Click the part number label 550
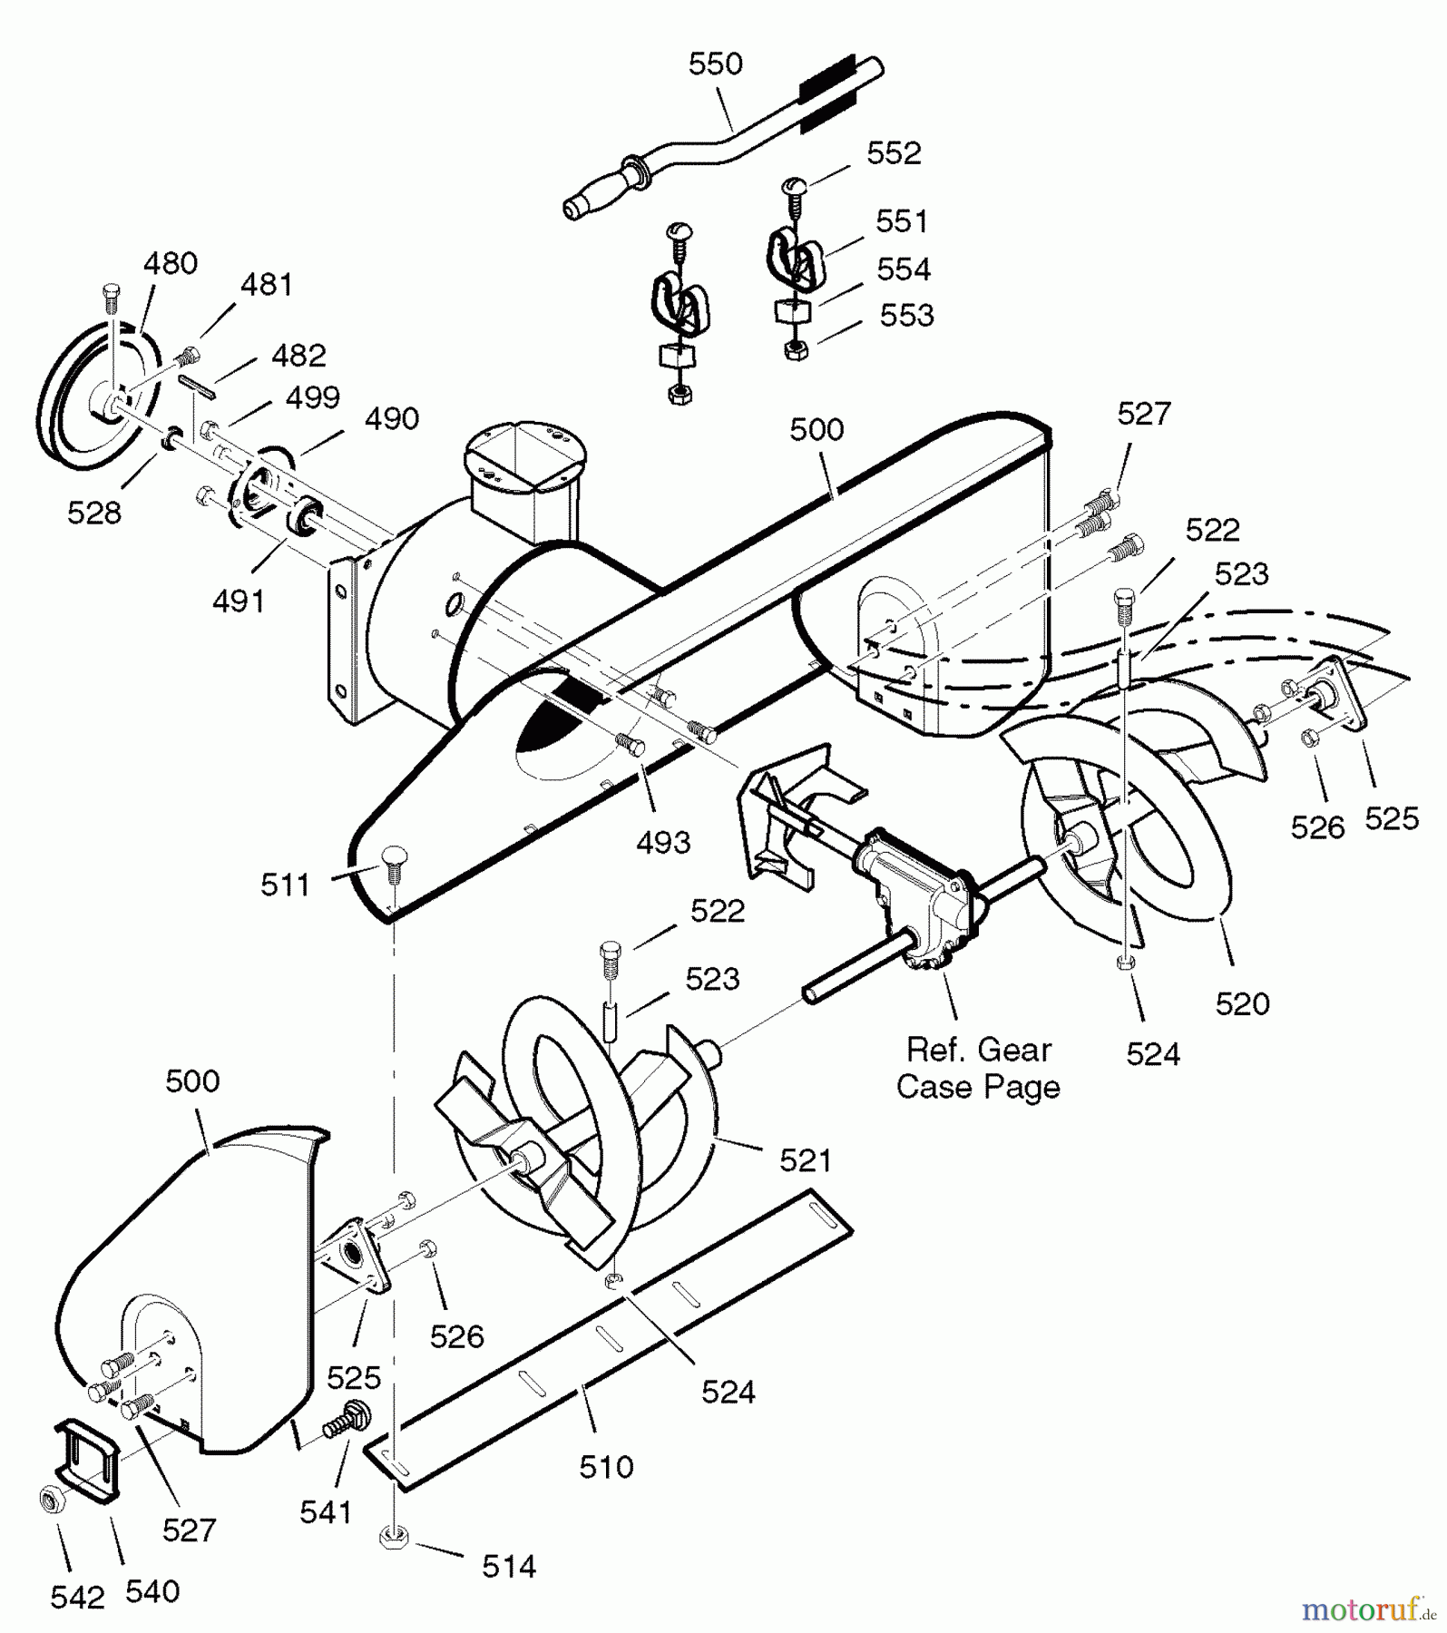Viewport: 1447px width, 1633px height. pos(715,64)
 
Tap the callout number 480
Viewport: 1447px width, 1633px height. pos(170,263)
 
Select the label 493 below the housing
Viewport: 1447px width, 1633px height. pos(663,842)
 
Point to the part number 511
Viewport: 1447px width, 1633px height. pos(285,885)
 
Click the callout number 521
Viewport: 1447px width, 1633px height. pos(806,1159)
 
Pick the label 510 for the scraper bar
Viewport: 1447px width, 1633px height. pos(606,1467)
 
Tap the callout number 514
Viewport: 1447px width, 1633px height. pos(509,1566)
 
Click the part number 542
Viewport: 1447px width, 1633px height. pos(77,1598)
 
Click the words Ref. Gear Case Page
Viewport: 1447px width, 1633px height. pos(978,1068)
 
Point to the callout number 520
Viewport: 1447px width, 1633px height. pos(1242,1003)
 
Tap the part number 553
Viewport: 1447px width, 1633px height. pos(906,315)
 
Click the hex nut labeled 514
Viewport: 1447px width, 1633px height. pos(394,1538)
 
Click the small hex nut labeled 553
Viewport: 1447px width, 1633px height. pos(797,350)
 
